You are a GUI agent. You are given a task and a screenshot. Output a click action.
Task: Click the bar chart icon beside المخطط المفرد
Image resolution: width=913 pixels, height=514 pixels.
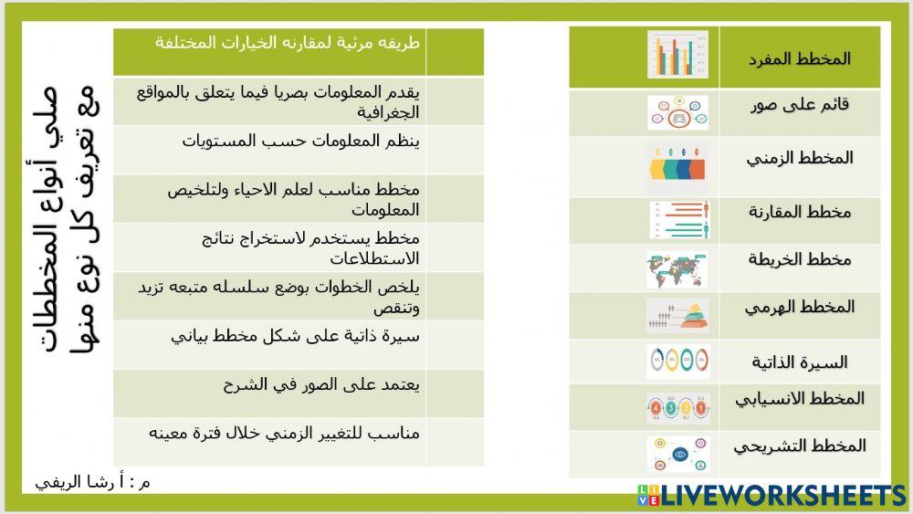click(x=677, y=55)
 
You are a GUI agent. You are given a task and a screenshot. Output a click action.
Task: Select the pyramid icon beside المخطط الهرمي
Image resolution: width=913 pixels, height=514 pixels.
click(x=677, y=315)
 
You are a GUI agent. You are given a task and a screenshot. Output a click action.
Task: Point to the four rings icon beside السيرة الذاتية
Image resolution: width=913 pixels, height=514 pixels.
click(x=677, y=361)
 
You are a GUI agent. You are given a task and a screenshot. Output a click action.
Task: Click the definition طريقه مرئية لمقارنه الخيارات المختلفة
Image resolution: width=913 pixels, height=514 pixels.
click(x=287, y=43)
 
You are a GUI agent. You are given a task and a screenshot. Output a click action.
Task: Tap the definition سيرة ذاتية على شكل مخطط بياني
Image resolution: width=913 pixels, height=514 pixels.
click(x=295, y=336)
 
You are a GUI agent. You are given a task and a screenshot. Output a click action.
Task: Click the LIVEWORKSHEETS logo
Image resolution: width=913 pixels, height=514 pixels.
click(x=771, y=496)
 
